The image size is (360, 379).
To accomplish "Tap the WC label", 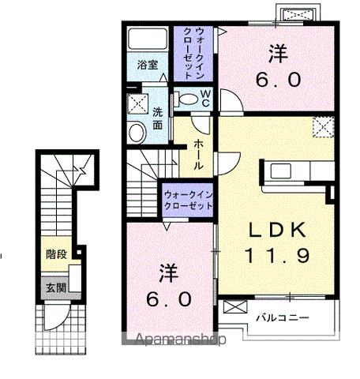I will (204, 98).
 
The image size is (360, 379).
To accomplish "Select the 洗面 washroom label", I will (157, 118).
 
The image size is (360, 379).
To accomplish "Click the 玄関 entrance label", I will (54, 286).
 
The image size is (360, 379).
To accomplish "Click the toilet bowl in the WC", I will (186, 99).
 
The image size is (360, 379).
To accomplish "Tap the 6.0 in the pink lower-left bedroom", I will (168, 301).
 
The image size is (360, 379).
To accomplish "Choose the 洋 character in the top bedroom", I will (277, 54).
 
